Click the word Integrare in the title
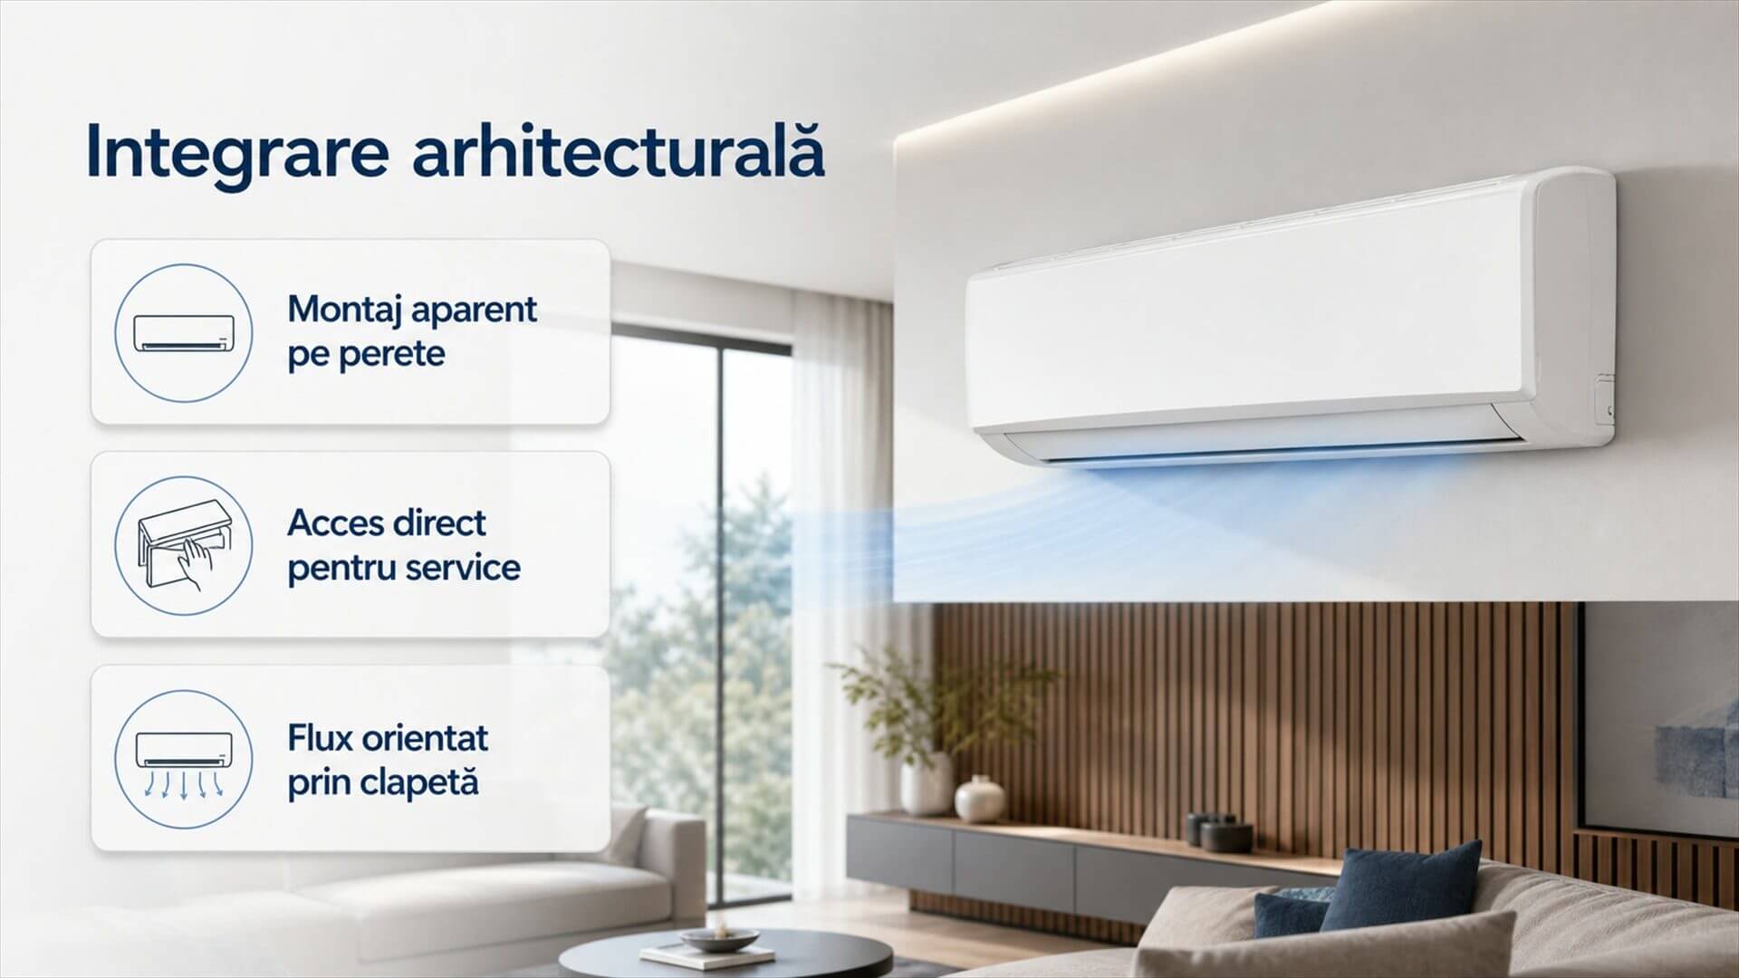coord(237,155)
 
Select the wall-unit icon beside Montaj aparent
coord(183,332)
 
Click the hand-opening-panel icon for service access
coord(183,546)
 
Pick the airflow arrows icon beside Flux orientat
coord(183,760)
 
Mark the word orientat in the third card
coord(425,738)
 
